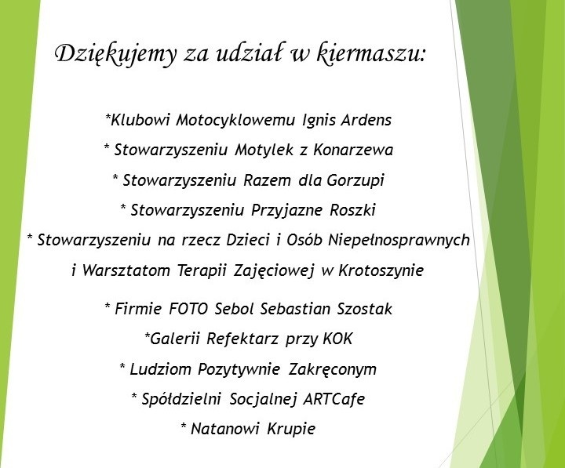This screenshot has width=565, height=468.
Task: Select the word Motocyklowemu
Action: (235, 120)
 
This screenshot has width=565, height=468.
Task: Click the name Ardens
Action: (366, 120)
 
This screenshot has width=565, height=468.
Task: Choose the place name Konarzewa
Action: (353, 150)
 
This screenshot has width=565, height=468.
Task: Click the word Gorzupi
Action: (355, 180)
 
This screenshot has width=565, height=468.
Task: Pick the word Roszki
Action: (353, 210)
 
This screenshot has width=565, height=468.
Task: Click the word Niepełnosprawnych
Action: (399, 240)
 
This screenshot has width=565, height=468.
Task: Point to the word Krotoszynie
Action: (381, 270)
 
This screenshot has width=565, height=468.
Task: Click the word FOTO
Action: (188, 309)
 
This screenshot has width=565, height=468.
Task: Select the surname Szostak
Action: (365, 309)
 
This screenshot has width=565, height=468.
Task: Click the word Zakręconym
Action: (332, 369)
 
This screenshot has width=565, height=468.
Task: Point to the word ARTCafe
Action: (334, 399)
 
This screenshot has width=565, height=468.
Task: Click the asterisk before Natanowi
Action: (184, 426)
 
